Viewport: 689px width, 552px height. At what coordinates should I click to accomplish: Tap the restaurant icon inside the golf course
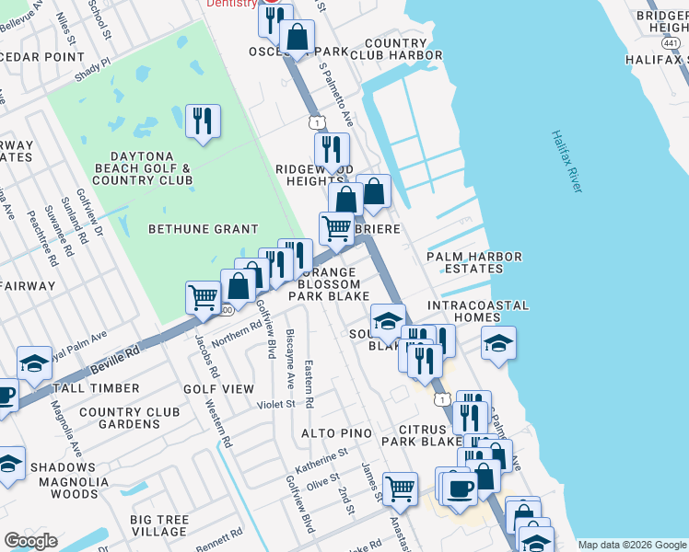coord(203,121)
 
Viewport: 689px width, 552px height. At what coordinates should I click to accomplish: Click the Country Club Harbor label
coord(403,50)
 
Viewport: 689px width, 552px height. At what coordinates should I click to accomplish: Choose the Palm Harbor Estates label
coord(473,263)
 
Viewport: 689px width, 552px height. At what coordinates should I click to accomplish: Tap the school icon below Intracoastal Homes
coord(498,343)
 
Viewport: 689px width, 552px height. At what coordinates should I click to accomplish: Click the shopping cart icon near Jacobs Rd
coord(203,297)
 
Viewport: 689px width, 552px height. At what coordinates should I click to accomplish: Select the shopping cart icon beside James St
coord(400,489)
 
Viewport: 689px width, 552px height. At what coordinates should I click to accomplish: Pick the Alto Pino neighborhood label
coord(335,433)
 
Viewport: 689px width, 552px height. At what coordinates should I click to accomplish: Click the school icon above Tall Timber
coord(34,362)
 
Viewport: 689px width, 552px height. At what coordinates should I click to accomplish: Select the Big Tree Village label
coord(158,526)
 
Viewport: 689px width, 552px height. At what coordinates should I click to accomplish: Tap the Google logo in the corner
coord(30,541)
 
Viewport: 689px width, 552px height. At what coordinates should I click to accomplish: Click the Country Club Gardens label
coord(119,418)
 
